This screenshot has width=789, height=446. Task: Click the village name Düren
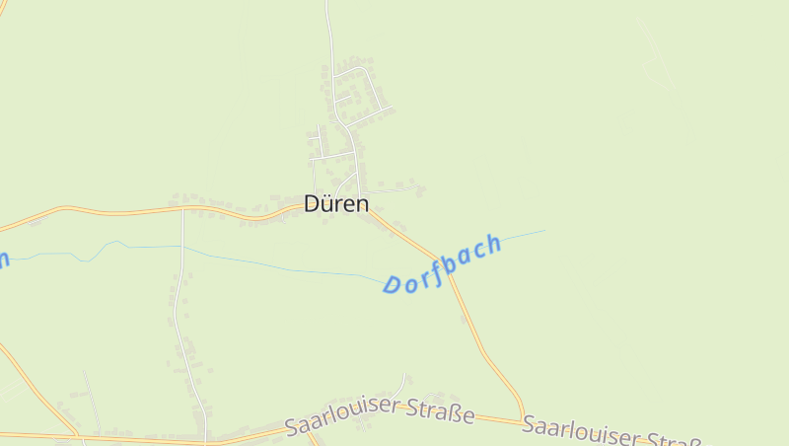point(336,204)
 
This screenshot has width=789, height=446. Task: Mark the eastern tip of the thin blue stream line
point(544,231)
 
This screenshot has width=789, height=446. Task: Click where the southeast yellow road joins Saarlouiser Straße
point(524,419)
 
